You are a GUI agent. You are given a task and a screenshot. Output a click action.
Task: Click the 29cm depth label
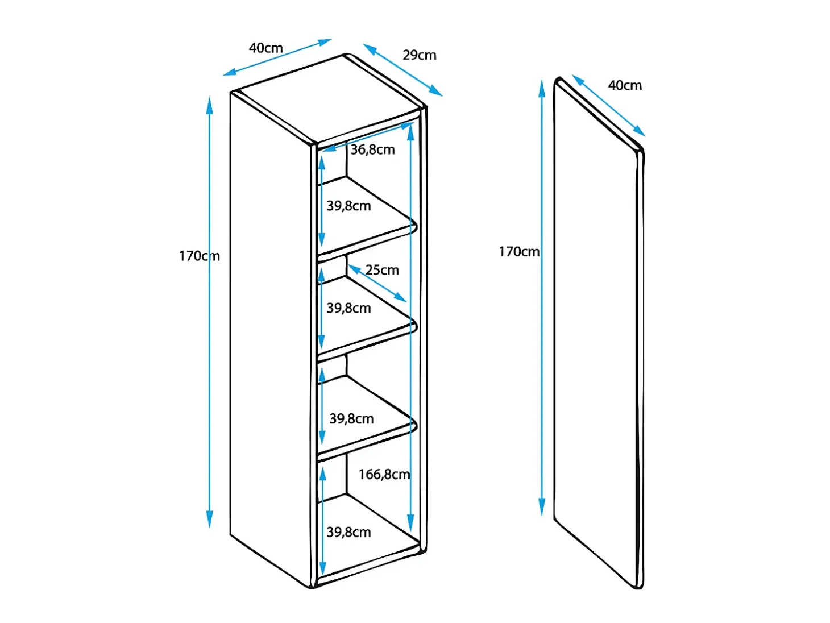(419, 55)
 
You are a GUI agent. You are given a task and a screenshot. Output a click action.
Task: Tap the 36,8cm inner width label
(372, 149)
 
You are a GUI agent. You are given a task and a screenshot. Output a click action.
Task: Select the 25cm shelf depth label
(382, 270)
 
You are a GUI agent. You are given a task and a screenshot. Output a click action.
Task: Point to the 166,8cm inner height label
(384, 475)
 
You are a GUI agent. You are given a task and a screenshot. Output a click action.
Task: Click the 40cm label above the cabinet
(266, 48)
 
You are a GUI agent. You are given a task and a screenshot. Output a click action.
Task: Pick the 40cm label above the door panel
(625, 85)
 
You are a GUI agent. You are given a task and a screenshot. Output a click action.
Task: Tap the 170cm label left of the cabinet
(200, 256)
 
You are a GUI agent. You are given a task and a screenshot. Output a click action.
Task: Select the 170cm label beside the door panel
(519, 252)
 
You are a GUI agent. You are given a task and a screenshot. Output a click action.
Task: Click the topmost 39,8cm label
(348, 206)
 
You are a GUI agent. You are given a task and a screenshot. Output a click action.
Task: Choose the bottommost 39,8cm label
(348, 532)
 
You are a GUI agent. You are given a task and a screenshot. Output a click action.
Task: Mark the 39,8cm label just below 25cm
(348, 308)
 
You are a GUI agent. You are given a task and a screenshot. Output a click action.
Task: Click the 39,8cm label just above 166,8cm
(351, 418)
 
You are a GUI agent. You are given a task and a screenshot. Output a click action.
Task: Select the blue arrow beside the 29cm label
(402, 70)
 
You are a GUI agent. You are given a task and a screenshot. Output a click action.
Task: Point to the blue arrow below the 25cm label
(377, 283)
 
